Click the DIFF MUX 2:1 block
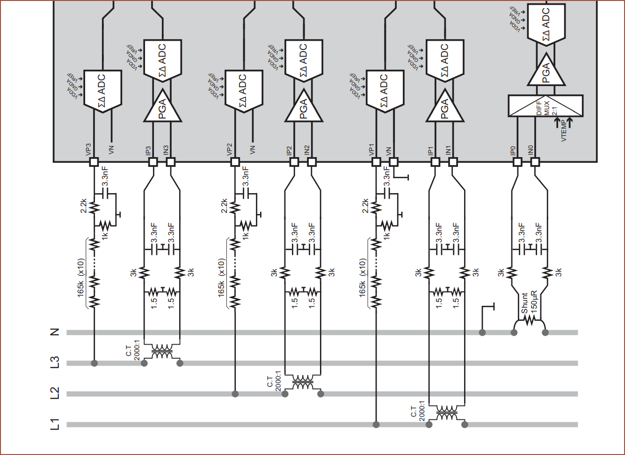[x=545, y=106]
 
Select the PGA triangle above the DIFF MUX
[x=545, y=71]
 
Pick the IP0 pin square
[x=517, y=162]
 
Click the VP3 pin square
[x=94, y=162]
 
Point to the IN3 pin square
[x=171, y=162]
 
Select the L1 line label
[x=55, y=425]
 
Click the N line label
[x=55, y=332]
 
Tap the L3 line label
[x=55, y=363]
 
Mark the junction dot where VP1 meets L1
[x=376, y=425]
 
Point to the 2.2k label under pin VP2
[x=225, y=205]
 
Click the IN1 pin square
[x=453, y=162]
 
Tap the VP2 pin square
[x=235, y=162]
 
